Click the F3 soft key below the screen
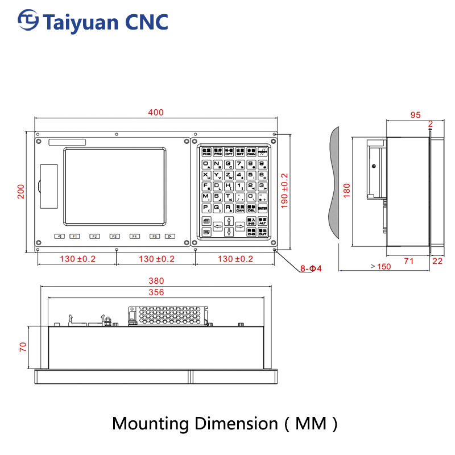[x=114, y=236]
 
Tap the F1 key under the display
[x=75, y=236]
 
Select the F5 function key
[x=155, y=236]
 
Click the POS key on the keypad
[x=206, y=152]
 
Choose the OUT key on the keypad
[x=262, y=232]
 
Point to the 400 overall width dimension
[x=156, y=113]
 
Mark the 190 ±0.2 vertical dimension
[x=285, y=190]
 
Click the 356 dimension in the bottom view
[x=156, y=292]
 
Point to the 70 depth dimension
[x=23, y=346]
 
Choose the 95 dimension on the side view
[x=415, y=115]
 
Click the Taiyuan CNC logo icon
[x=28, y=21]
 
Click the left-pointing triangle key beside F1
[x=59, y=236]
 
